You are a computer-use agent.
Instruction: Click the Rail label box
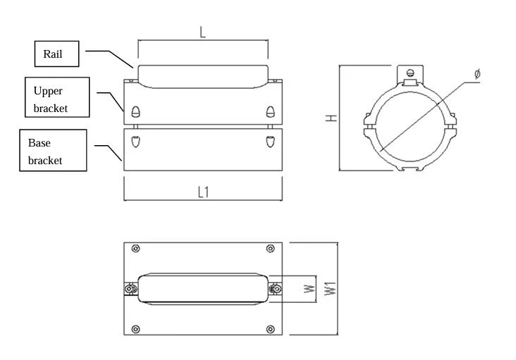pyautogui.click(x=56, y=54)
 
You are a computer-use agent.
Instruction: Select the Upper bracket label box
pyautogui.click(x=57, y=97)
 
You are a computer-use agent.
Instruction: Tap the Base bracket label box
pyautogui.click(x=53, y=150)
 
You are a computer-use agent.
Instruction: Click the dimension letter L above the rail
pyautogui.click(x=202, y=32)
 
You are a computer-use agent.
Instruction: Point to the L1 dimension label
pyautogui.click(x=204, y=192)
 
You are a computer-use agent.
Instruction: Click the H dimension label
pyautogui.click(x=331, y=118)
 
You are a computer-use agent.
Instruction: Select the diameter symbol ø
pyautogui.click(x=477, y=73)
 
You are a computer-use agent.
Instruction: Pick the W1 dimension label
pyautogui.click(x=331, y=288)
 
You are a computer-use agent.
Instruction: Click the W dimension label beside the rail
pyautogui.click(x=309, y=289)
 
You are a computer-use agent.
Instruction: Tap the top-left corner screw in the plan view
pyautogui.click(x=135, y=249)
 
